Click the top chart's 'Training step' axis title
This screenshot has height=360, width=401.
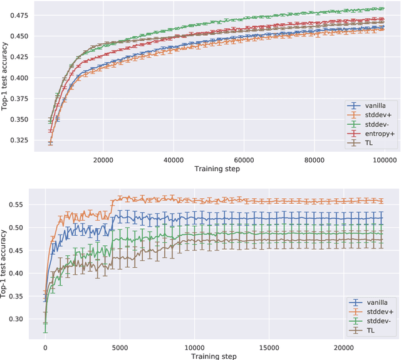click(216, 169)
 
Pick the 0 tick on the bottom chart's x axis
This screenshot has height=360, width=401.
click(45, 346)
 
